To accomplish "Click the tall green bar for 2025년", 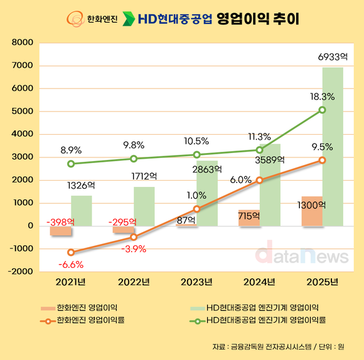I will coord(333,146).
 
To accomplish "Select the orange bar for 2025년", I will coord(312,211).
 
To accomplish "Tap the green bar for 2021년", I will coord(81,210).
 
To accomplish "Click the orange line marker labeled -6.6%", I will coord(71,253).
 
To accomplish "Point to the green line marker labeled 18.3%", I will coord(322,110).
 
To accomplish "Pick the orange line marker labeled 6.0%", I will coord(259,181).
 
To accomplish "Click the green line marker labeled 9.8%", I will coord(134,159).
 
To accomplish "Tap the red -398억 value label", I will coord(60,221).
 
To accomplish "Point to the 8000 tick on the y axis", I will coord(21,43).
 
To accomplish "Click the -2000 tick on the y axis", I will coord(20,272).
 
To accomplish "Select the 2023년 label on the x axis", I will coord(196,280).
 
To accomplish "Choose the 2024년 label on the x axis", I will coord(259,280).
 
